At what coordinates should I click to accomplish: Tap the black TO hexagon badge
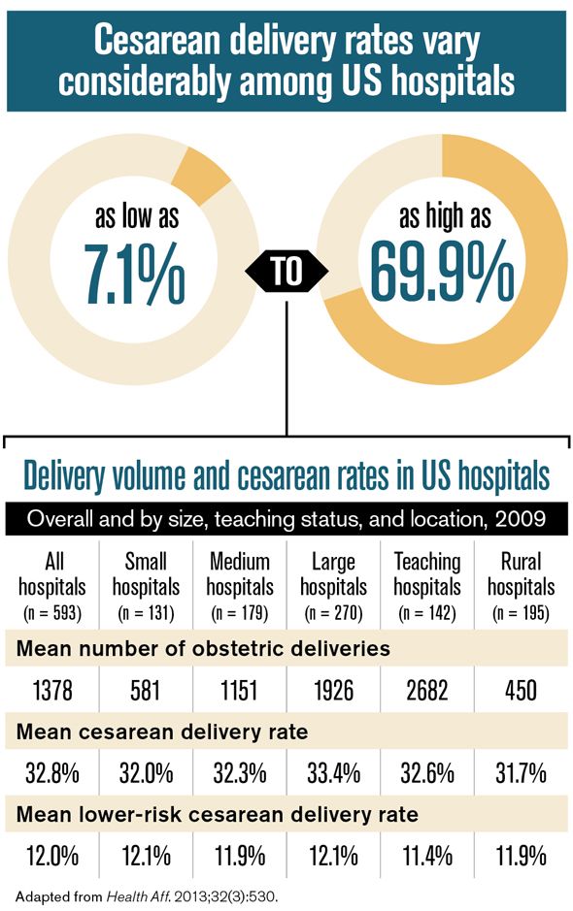point(286,271)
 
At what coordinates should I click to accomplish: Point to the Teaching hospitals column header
point(428,573)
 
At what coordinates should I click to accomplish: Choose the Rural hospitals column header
point(522,573)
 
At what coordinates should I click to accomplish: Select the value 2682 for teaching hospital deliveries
point(428,693)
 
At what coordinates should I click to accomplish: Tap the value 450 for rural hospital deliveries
point(522,693)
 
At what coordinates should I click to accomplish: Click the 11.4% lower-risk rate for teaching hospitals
point(428,856)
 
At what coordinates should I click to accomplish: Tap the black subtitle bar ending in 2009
point(286,518)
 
